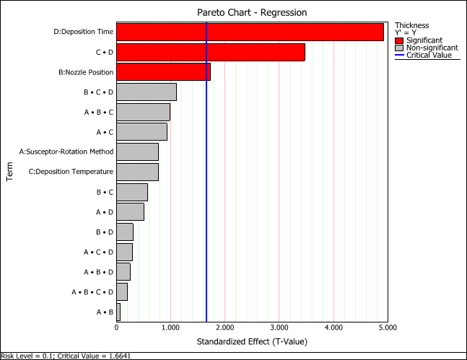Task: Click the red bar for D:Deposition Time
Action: click(x=250, y=32)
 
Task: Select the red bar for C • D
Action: click(x=210, y=52)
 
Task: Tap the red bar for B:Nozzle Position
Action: click(x=163, y=71)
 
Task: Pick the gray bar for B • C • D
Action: click(x=146, y=92)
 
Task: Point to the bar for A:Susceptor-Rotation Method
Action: click(x=137, y=152)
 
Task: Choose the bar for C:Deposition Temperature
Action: click(x=137, y=172)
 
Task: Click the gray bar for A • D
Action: click(x=130, y=211)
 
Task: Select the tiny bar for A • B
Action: click(x=118, y=312)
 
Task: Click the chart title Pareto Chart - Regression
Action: click(x=252, y=12)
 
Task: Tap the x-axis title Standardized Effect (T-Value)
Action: click(x=252, y=341)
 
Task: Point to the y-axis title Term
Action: click(x=11, y=172)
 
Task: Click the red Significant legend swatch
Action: click(x=400, y=40)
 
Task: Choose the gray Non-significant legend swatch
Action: click(x=400, y=48)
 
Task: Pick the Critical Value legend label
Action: click(x=429, y=55)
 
